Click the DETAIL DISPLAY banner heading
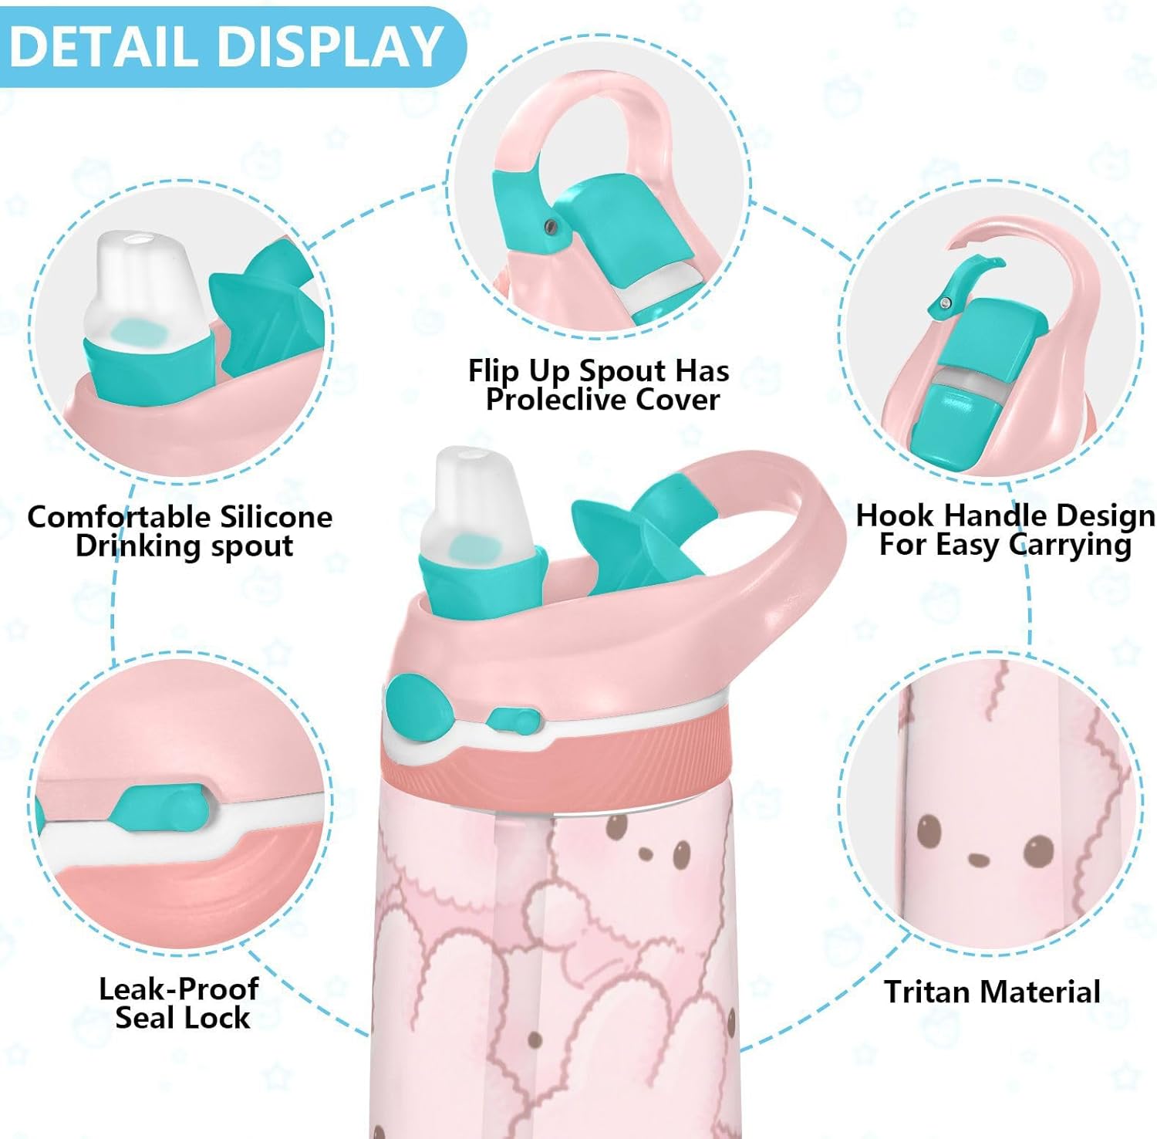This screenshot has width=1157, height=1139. (225, 46)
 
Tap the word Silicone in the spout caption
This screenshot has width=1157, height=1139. (275, 516)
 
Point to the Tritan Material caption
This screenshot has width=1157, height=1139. (992, 992)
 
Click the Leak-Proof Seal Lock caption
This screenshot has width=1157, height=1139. (180, 1003)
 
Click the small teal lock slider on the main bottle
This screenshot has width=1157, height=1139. (512, 721)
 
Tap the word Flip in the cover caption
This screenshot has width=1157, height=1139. (494, 371)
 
